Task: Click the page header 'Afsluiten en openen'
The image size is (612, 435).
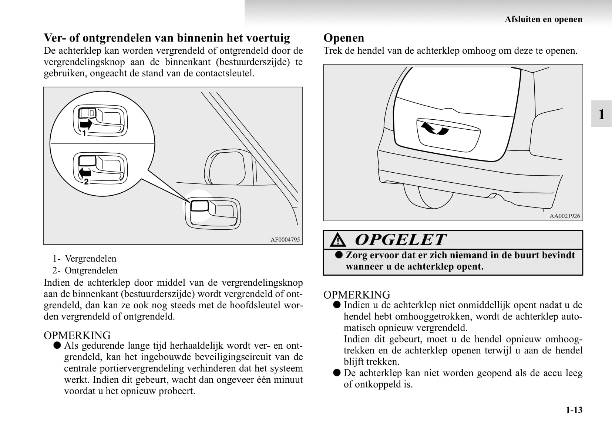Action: [543, 19]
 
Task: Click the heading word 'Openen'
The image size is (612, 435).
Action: [344, 38]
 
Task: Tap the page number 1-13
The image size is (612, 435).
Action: [574, 410]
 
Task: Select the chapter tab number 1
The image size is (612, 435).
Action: [601, 114]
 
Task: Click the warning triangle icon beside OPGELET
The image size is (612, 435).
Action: [338, 241]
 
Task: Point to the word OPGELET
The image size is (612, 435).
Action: [400, 240]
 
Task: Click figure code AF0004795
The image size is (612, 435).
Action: [285, 239]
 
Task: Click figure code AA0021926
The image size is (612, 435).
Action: [565, 216]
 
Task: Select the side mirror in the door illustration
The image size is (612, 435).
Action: [225, 167]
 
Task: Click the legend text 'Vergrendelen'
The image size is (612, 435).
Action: [90, 259]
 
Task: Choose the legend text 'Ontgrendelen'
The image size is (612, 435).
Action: [91, 270]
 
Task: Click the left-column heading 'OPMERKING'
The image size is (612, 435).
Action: [77, 335]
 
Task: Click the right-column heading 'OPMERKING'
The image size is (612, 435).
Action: [357, 295]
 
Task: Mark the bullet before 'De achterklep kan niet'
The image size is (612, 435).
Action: [336, 373]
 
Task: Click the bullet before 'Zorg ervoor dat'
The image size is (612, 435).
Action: [338, 255]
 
